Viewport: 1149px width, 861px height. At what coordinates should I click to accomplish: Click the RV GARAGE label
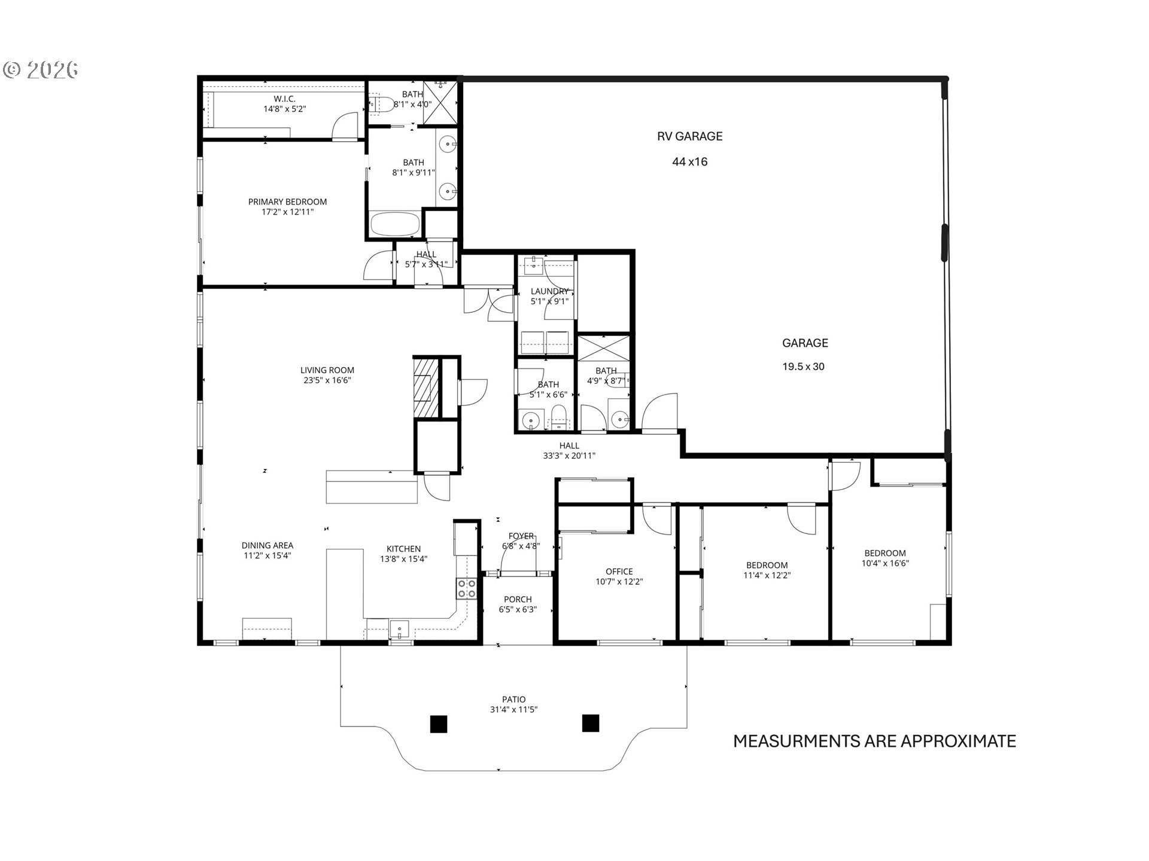689,136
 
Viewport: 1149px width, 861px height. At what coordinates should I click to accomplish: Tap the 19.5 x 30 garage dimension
803,367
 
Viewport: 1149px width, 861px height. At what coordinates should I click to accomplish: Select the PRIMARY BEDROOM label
287,202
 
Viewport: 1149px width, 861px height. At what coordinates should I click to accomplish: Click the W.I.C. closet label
285,99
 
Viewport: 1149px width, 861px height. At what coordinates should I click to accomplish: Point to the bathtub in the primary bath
394,225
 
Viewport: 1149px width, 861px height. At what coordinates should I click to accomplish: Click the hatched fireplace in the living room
425,386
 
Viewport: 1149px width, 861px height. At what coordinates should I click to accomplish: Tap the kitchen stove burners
467,588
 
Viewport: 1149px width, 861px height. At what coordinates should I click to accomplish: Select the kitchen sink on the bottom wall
399,629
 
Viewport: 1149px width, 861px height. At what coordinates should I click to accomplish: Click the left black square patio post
438,724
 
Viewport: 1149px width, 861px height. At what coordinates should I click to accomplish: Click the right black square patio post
591,723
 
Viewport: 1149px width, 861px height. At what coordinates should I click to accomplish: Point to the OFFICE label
619,572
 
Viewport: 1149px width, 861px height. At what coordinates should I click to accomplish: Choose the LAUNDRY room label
549,292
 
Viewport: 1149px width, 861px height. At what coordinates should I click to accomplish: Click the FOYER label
521,536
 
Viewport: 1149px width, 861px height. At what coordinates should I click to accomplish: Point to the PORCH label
518,600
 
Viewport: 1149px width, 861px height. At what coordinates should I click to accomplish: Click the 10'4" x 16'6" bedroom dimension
885,563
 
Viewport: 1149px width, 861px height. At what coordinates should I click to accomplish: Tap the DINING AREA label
267,545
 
